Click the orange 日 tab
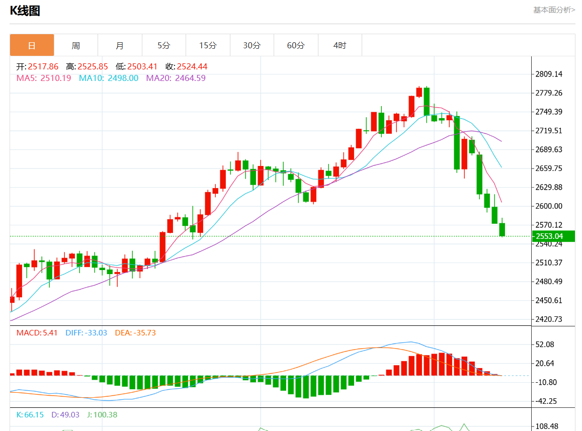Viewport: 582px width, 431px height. [x=32, y=45]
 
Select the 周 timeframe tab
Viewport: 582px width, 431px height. [x=75, y=45]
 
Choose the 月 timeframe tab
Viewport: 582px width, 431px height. [x=120, y=45]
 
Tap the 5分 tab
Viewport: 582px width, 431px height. [x=164, y=45]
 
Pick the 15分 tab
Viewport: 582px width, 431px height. [x=208, y=45]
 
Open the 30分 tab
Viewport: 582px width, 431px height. [x=252, y=45]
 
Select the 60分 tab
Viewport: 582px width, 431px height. [x=296, y=45]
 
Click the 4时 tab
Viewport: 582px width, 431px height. [x=340, y=45]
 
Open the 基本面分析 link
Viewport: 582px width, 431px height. [x=554, y=10]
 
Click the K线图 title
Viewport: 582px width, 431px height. [x=25, y=11]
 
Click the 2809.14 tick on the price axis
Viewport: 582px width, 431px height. [x=549, y=74]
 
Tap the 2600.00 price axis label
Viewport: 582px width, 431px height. [x=549, y=206]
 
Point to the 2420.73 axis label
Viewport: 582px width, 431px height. [x=549, y=319]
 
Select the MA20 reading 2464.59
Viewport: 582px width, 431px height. [x=190, y=78]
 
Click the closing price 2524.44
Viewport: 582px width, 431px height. [x=192, y=66]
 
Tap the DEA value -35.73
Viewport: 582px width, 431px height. [x=144, y=332]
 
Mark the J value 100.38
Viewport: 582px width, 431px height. [x=105, y=415]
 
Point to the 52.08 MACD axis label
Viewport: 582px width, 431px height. [x=546, y=344]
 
